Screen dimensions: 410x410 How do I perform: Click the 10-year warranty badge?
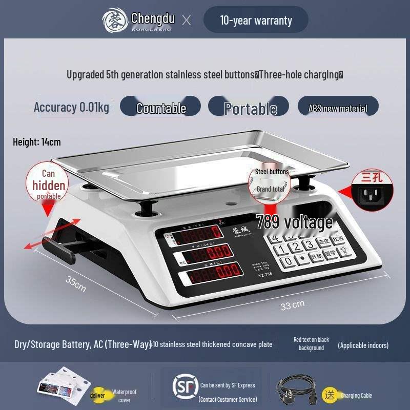[256, 20]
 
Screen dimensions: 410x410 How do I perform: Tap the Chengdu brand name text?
[153, 18]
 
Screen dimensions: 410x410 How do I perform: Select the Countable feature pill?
[160, 108]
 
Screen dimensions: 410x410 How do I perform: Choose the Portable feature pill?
[250, 108]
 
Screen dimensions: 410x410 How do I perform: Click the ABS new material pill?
[338, 108]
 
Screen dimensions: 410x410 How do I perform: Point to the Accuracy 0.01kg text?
[71, 107]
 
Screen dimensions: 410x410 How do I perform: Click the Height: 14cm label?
[36, 142]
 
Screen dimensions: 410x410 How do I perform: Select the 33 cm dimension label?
[293, 305]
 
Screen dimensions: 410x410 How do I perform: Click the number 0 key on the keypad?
[290, 260]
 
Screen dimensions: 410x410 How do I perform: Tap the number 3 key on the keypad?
[309, 245]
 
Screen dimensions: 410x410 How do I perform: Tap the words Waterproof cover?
[125, 396]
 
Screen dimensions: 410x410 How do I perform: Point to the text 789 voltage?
[294, 222]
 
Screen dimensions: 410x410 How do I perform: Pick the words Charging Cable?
[356, 395]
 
